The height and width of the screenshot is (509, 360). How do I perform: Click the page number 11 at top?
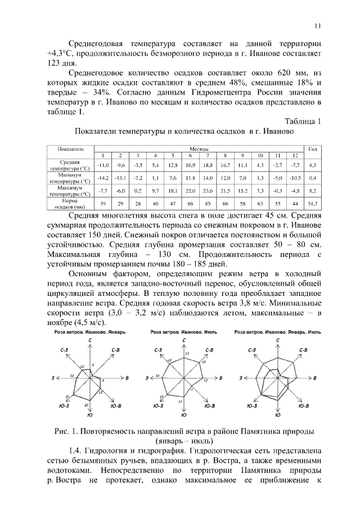(317, 25)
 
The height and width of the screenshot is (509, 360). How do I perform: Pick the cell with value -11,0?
(102, 165)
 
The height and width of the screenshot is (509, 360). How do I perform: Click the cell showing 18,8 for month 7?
(207, 165)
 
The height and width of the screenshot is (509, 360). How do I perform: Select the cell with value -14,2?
(102, 178)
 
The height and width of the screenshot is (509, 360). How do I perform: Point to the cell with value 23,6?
(207, 191)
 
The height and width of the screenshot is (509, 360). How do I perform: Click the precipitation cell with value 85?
(207, 204)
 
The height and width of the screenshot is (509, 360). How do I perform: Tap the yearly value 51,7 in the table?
(313, 204)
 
